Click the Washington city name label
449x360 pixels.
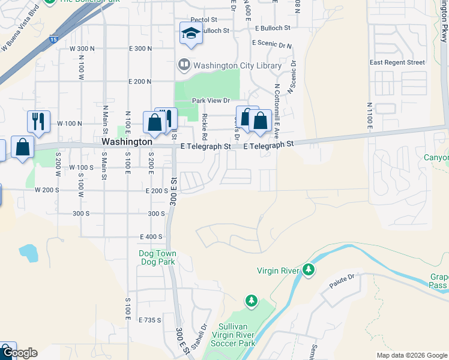[127, 142]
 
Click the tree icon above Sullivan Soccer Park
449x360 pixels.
[252, 300]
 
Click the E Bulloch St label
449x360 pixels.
[272, 28]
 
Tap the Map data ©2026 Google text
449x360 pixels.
[412, 355]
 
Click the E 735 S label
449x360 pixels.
[149, 320]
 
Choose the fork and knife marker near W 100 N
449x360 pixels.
[38, 121]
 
